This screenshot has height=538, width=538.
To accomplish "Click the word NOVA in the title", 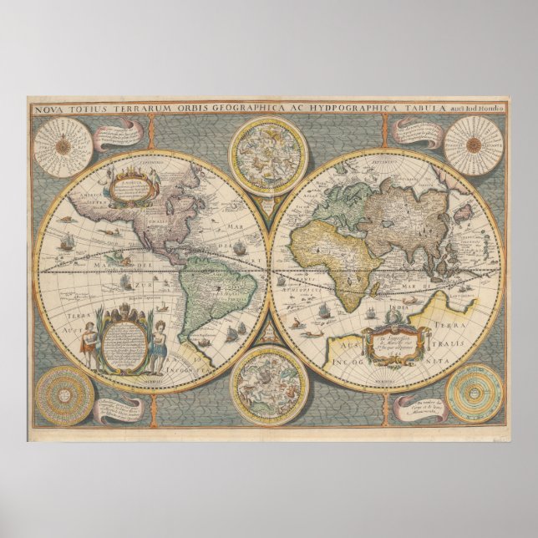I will pos(49,109).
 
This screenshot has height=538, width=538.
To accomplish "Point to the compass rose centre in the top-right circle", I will pos(474,145).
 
